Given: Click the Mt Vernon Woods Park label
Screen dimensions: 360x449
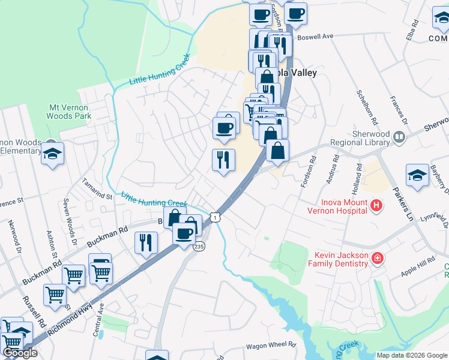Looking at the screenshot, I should click(69, 111).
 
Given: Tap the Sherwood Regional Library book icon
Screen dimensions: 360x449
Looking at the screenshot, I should click(398, 138).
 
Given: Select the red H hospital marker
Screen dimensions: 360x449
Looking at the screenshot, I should click(376, 206).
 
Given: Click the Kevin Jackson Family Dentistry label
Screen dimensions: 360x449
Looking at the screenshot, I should click(338, 259).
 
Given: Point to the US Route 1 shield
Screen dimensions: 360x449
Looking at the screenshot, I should click(214, 215).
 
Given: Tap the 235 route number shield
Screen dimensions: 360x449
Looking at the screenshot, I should click(199, 246).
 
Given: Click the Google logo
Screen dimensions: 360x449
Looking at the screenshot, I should click(19, 353).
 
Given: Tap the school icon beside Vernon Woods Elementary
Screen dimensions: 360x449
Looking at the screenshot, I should click(52, 154).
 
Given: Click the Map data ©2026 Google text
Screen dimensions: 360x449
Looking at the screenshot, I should click(411, 355).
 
